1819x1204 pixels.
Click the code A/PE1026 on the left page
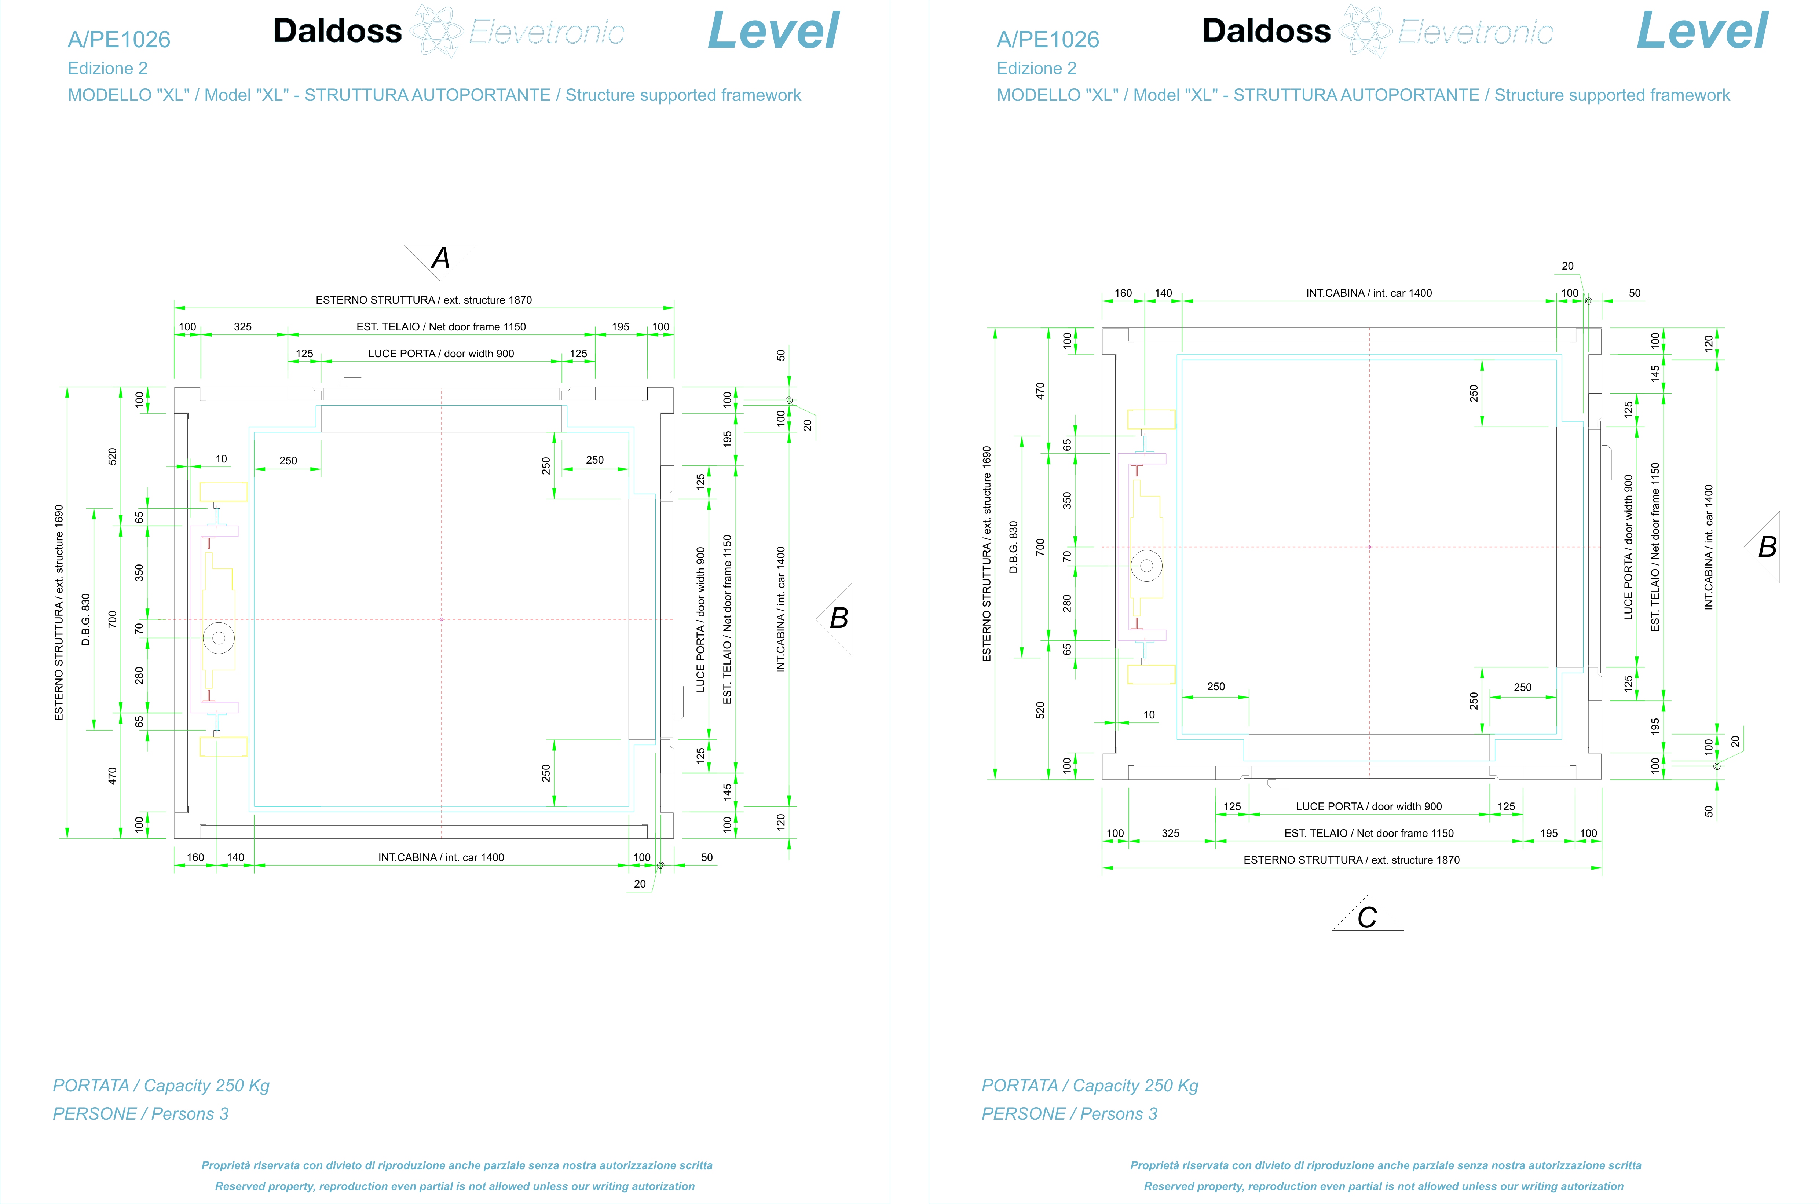(119, 39)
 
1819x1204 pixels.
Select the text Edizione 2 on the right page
(1037, 68)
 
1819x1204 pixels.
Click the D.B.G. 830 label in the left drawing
(86, 619)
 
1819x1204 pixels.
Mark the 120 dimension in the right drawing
(1709, 343)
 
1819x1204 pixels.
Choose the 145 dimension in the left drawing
(727, 792)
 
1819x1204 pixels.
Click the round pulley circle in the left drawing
(219, 637)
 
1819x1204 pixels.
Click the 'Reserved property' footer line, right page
(1384, 1186)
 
